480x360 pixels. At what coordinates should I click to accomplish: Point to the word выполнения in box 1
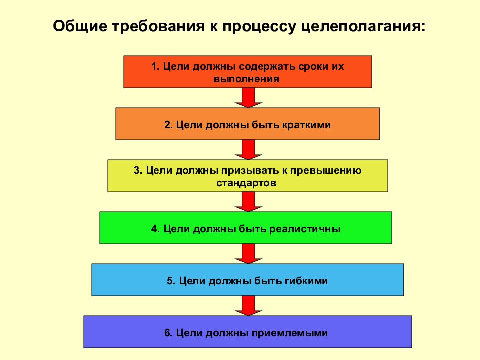tap(246, 79)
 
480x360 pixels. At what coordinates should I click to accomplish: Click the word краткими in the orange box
tap(306, 125)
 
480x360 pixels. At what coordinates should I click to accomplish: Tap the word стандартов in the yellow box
tap(246, 183)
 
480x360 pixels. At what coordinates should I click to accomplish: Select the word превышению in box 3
tap(326, 171)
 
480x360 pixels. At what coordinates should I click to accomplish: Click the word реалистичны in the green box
tap(305, 229)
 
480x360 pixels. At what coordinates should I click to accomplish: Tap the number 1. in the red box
tap(155, 66)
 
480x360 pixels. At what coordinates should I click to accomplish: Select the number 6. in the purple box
tap(168, 333)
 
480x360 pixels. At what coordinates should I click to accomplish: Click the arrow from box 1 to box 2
tap(248, 98)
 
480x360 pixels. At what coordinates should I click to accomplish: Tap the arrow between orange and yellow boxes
tap(248, 150)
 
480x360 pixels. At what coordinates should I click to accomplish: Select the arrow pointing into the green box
tap(248, 202)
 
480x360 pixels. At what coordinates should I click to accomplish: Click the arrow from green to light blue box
tap(248, 254)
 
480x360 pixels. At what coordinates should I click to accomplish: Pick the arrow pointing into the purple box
tap(248, 306)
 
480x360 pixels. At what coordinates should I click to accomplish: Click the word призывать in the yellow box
tap(254, 171)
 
